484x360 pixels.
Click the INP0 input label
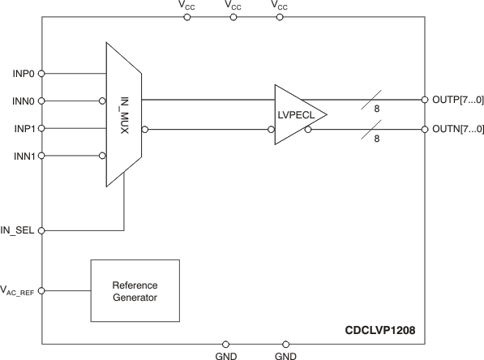pyautogui.click(x=24, y=73)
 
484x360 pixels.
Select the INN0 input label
pyautogui.click(x=24, y=101)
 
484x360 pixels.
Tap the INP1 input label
pyautogui.click(x=24, y=128)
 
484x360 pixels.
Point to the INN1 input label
pyautogui.click(x=24, y=156)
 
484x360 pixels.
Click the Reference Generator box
pyautogui.click(x=135, y=291)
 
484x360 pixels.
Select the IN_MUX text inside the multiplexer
pyautogui.click(x=125, y=114)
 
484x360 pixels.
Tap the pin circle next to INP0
pyautogui.click(x=42, y=73)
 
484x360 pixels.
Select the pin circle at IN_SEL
pyautogui.click(x=42, y=230)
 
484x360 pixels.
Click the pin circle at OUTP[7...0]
pyautogui.click(x=424, y=101)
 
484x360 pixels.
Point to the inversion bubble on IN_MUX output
pyautogui.click(x=145, y=129)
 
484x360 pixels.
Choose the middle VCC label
pyautogui.click(x=233, y=5)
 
